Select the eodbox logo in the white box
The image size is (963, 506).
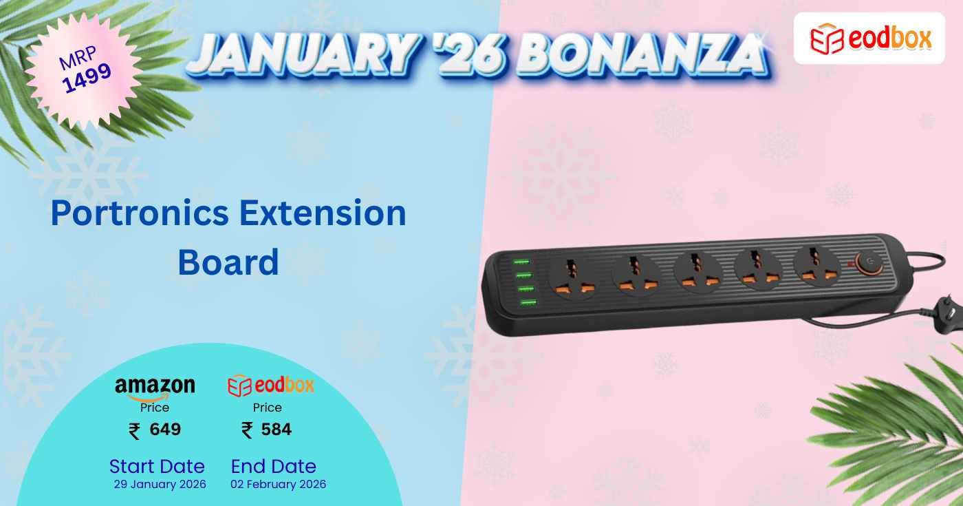(x=869, y=39)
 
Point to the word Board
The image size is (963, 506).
(x=228, y=262)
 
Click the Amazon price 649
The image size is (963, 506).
(x=164, y=430)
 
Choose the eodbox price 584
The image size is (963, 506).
(x=276, y=430)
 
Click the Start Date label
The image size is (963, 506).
(x=157, y=466)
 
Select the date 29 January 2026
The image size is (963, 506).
(x=160, y=484)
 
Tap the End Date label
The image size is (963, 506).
(x=273, y=466)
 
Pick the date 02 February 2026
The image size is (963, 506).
(x=278, y=484)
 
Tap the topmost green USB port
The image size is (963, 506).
(x=521, y=262)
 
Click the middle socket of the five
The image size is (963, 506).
(x=697, y=269)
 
